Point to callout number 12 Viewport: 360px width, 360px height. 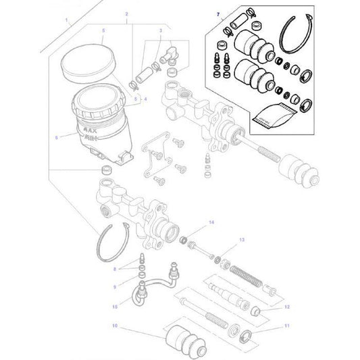click(286, 307)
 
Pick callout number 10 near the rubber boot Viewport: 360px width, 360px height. click(115, 326)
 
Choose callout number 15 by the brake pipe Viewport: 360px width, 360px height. click(114, 307)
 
